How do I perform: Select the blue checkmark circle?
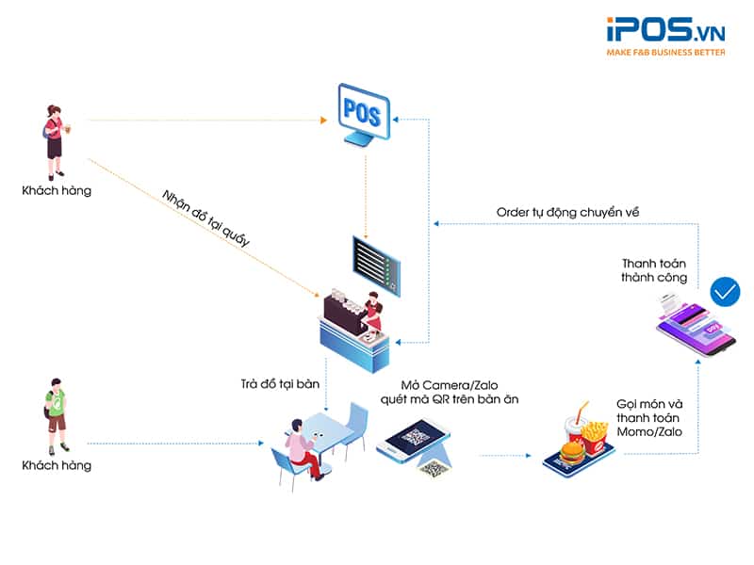coord(725,292)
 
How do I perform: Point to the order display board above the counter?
coord(375,260)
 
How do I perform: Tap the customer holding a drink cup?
coord(54,141)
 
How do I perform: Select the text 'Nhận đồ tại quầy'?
coord(205,218)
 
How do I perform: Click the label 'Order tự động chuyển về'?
coord(567,213)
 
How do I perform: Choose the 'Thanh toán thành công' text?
coord(653,270)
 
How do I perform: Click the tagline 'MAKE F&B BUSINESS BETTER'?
coord(665,53)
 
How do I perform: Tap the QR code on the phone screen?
coord(415,437)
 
